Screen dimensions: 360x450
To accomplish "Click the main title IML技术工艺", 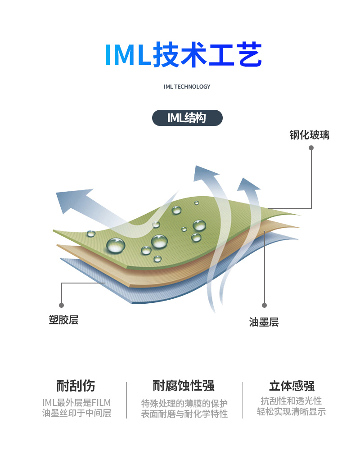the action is [183, 55].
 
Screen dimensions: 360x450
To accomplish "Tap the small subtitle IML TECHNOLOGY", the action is [187, 86].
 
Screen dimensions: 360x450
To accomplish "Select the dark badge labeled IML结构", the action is [187, 118].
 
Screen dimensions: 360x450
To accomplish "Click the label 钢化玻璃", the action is [309, 135].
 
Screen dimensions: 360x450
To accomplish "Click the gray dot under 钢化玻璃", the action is [311, 147].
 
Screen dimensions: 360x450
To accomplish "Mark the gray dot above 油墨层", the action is [265, 305].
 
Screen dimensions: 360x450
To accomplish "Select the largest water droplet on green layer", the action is [116, 246].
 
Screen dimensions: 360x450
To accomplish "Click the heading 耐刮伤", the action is [76, 386].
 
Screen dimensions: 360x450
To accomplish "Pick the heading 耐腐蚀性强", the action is [184, 386].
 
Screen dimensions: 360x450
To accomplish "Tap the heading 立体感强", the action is [291, 386].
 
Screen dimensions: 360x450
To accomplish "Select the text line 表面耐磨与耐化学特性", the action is [184, 414].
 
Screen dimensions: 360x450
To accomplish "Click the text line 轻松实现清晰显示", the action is [291, 412].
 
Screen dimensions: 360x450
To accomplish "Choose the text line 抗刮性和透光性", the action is [291, 400].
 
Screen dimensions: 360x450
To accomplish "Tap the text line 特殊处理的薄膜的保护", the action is [184, 402].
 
